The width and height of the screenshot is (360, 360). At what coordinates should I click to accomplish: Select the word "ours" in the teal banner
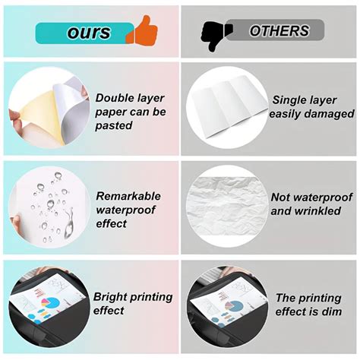(89, 33)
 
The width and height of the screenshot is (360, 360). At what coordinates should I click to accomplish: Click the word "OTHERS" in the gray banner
(279, 31)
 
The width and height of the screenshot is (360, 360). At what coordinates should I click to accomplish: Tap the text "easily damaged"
(312, 114)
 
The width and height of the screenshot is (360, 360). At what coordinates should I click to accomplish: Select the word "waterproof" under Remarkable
(127, 210)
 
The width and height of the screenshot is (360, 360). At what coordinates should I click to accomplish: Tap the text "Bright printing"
(133, 297)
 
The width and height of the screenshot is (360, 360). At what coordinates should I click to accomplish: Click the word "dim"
(330, 312)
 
